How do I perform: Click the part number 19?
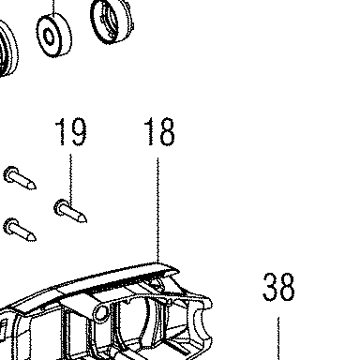pos(70,131)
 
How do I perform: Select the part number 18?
pos(159,131)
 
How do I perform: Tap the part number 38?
pos(278,287)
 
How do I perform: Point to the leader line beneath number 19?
pos(70,179)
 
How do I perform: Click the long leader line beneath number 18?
pos(157,210)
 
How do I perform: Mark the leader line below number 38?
pos(278,338)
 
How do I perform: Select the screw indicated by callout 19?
pos(70,212)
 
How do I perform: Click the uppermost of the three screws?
pos(20,178)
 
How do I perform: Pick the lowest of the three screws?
pos(20,230)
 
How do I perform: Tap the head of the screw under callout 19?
pos(60,207)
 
